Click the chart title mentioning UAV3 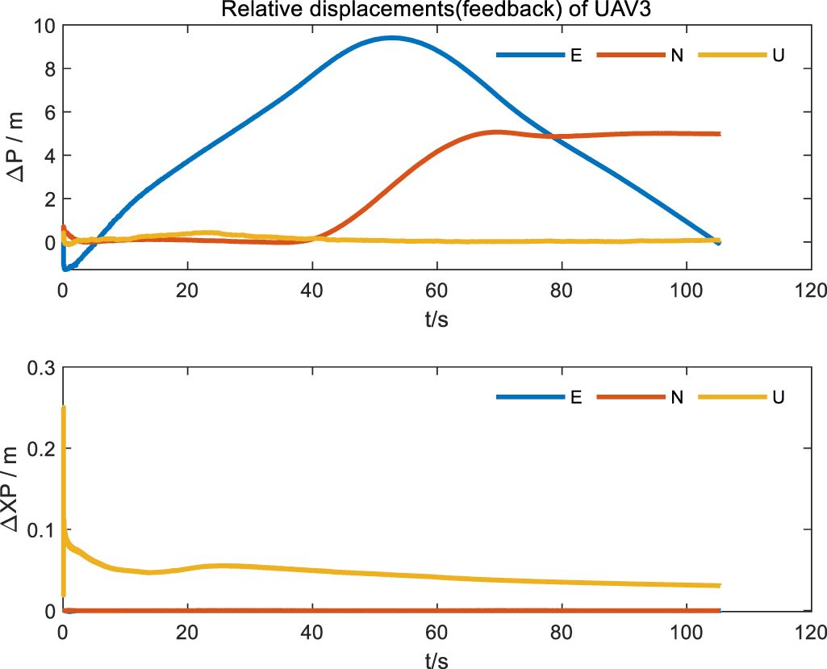coord(436,9)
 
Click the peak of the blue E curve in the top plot coord(393,38)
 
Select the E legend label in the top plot coord(576,56)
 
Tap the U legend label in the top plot coord(778,56)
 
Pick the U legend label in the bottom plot coord(778,397)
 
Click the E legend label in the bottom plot coord(576,397)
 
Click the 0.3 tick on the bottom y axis coord(42,367)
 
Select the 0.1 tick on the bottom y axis coord(42,530)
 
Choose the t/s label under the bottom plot coord(436,659)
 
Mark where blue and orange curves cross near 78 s coord(549,136)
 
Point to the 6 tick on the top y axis coord(50,112)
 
